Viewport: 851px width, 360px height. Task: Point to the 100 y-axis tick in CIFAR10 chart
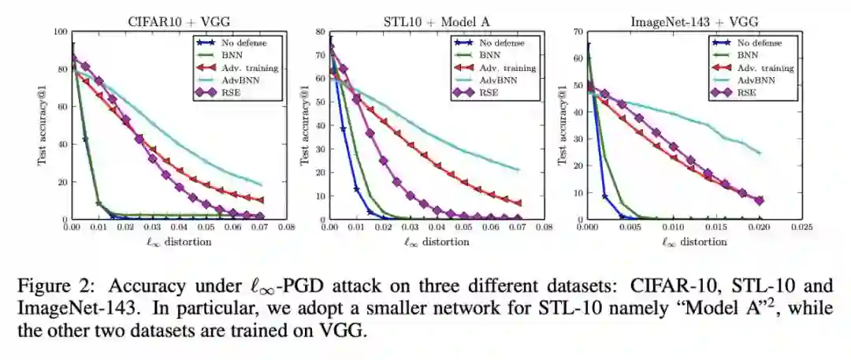60,32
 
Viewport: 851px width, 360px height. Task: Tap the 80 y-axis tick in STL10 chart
321,32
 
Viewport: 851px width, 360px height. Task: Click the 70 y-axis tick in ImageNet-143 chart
578,32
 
